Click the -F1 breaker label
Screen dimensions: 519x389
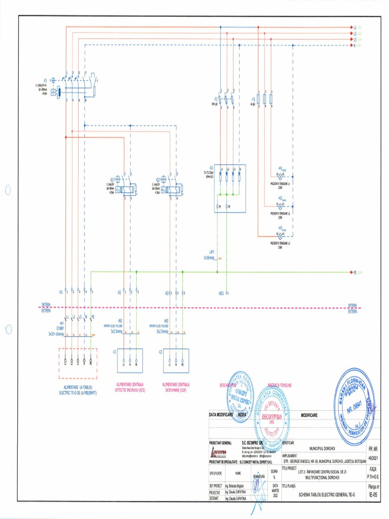click(x=46, y=80)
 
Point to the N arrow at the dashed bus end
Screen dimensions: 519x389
click(x=351, y=45)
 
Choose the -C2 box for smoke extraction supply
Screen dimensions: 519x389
click(x=173, y=360)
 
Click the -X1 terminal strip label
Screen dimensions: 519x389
click(x=60, y=292)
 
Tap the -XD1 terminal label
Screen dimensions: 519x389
click(x=221, y=293)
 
